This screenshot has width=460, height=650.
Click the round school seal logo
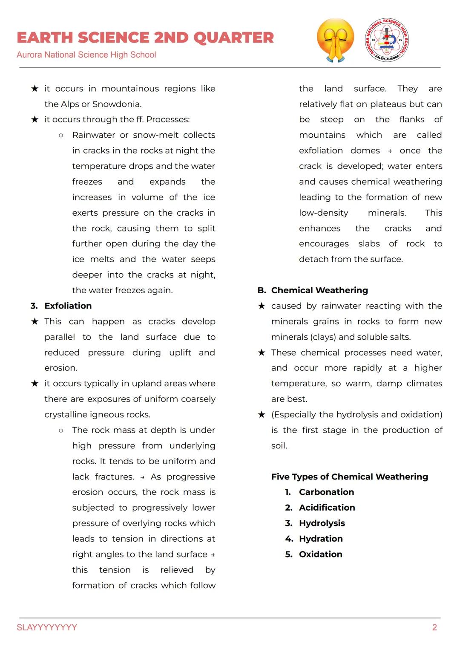pyautogui.click(x=387, y=40)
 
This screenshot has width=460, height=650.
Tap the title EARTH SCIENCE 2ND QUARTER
pyautogui.click(x=145, y=38)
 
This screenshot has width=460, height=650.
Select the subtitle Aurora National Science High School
pyautogui.click(x=86, y=55)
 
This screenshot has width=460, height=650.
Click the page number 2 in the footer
pyautogui.click(x=434, y=627)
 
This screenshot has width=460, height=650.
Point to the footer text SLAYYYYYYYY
pyautogui.click(x=47, y=627)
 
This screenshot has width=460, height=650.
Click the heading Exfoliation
pyautogui.click(x=68, y=306)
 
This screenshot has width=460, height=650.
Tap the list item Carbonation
pyautogui.click(x=326, y=492)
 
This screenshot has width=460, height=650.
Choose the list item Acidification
pyautogui.click(x=327, y=507)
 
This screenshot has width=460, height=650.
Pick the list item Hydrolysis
pyautogui.click(x=322, y=523)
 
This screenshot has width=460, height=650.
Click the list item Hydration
pyautogui.click(x=321, y=538)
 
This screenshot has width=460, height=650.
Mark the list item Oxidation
pyautogui.click(x=320, y=554)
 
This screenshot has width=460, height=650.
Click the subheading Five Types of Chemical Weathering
pyautogui.click(x=350, y=477)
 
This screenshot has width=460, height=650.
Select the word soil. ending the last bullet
pyautogui.click(x=279, y=445)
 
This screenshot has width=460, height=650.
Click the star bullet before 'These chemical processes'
pyautogui.click(x=262, y=352)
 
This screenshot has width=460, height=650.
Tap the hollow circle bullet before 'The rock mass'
pyautogui.click(x=61, y=430)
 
